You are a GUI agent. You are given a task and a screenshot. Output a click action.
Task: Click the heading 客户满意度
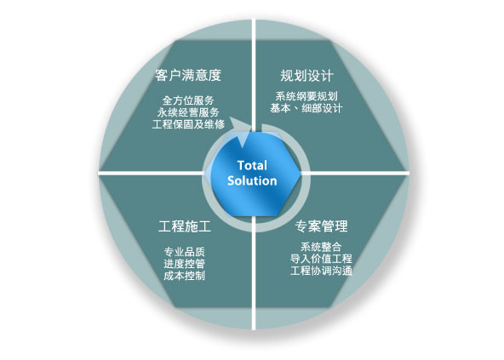(188, 75)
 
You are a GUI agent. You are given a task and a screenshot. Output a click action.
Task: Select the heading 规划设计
(306, 76)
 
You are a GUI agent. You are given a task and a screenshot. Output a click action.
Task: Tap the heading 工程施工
(185, 226)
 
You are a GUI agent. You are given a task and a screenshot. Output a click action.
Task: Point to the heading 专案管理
(322, 226)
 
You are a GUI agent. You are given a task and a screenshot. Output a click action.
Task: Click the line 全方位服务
(188, 100)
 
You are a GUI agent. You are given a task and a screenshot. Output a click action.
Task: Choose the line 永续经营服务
(188, 112)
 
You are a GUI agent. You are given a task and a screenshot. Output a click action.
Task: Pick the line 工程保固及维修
(188, 124)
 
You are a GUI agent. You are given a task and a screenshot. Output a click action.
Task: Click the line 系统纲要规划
(306, 96)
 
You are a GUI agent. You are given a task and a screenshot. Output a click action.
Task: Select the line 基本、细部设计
(306, 108)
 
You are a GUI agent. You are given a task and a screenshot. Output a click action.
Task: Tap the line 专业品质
(185, 252)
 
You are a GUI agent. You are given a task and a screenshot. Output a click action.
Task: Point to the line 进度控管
(185, 264)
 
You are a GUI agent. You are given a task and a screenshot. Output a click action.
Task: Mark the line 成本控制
(185, 276)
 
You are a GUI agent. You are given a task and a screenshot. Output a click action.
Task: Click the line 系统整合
(321, 247)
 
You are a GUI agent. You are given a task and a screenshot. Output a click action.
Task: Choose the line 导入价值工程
(321, 259)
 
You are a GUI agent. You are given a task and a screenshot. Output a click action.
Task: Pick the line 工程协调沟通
(321, 271)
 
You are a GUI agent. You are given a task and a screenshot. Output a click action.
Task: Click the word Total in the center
(252, 166)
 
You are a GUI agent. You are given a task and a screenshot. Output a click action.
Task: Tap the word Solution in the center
(252, 181)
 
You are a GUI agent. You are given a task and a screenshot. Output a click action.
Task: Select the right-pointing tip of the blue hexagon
(301, 174)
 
